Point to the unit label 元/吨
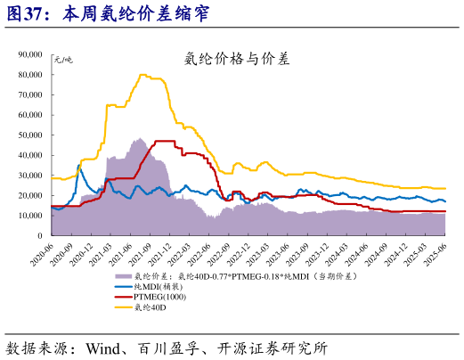point(64,59)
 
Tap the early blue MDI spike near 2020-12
point(78,165)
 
